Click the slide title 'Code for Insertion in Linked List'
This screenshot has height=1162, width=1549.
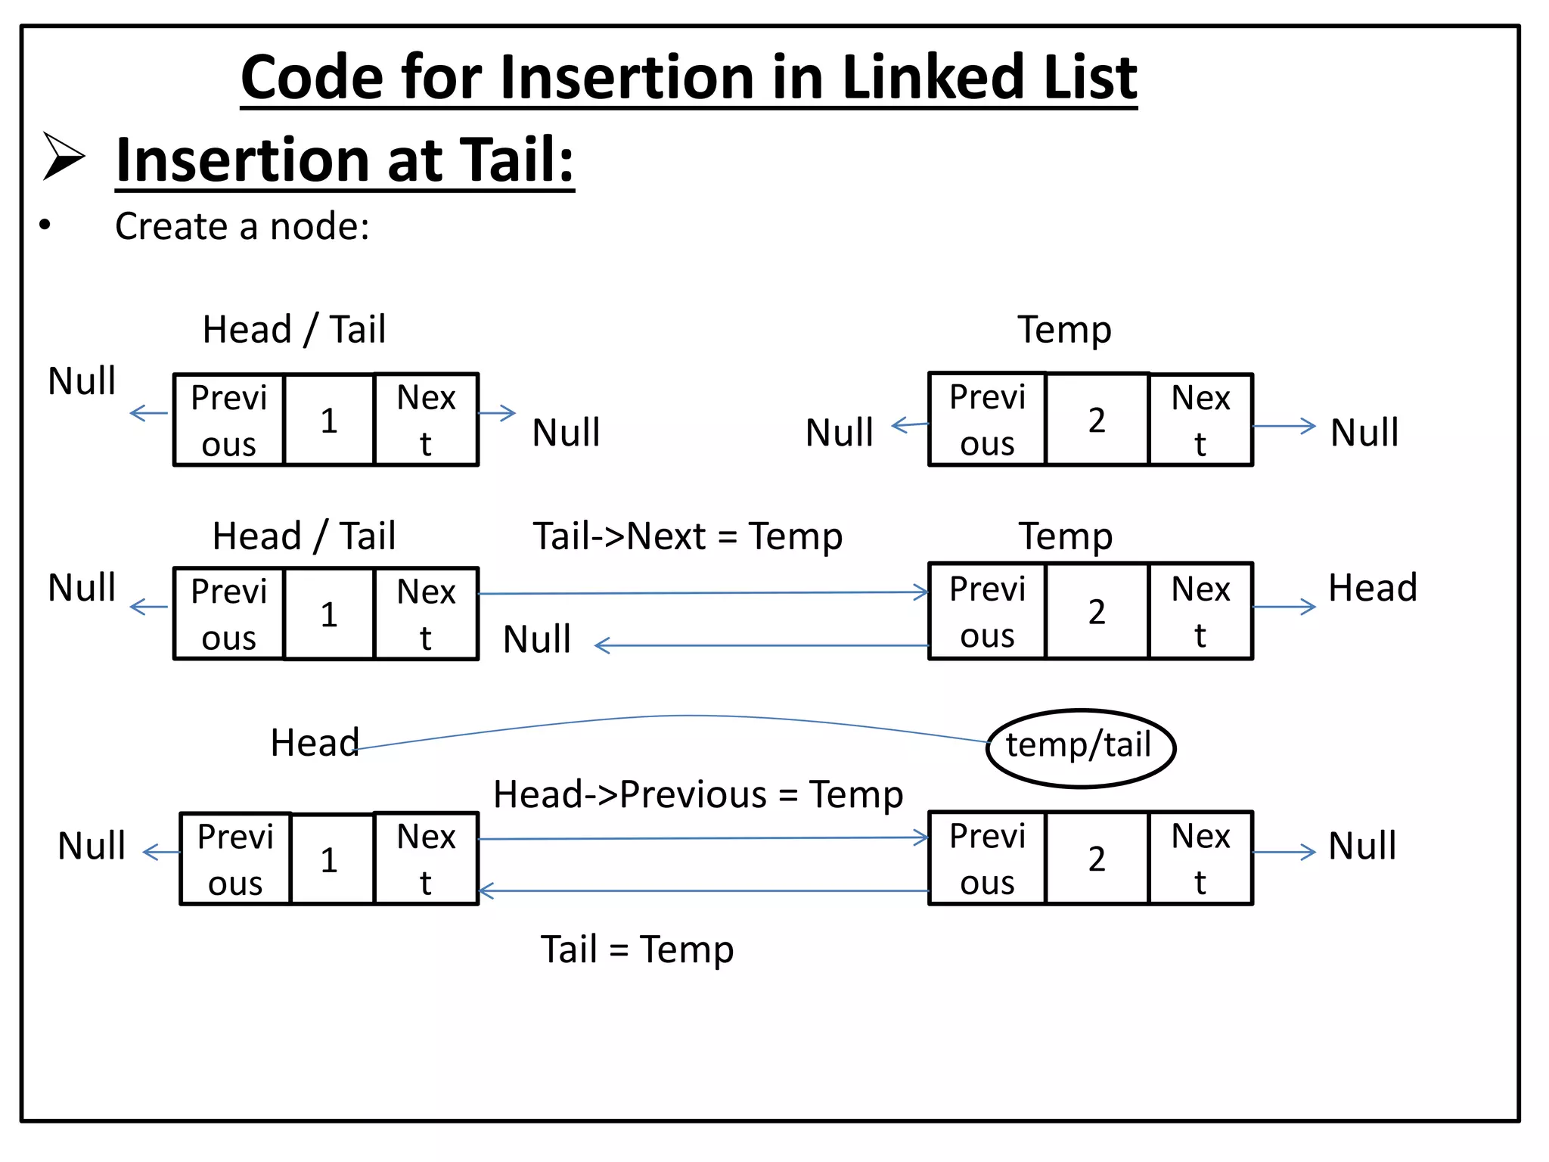688,77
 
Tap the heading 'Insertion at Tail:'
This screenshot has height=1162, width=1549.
345,160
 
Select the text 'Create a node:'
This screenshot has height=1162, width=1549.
242,226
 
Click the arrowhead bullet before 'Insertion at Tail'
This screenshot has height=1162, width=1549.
64,157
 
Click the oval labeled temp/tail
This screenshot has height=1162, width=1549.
1080,747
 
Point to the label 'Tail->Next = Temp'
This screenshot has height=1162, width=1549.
687,536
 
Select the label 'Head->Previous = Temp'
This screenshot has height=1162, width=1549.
697,795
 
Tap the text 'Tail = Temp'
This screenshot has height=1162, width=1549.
637,949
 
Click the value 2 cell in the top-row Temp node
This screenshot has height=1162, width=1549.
1097,420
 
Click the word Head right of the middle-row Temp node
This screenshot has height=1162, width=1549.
1372,588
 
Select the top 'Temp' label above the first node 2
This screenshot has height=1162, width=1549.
1064,330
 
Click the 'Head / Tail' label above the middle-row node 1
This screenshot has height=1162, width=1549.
303,536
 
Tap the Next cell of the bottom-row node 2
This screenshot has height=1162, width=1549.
1200,859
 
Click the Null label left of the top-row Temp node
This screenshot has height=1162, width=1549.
839,433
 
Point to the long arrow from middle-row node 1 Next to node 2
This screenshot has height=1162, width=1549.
703,593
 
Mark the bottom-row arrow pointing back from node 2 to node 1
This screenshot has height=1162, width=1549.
703,891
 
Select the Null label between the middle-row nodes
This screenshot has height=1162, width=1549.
537,639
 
